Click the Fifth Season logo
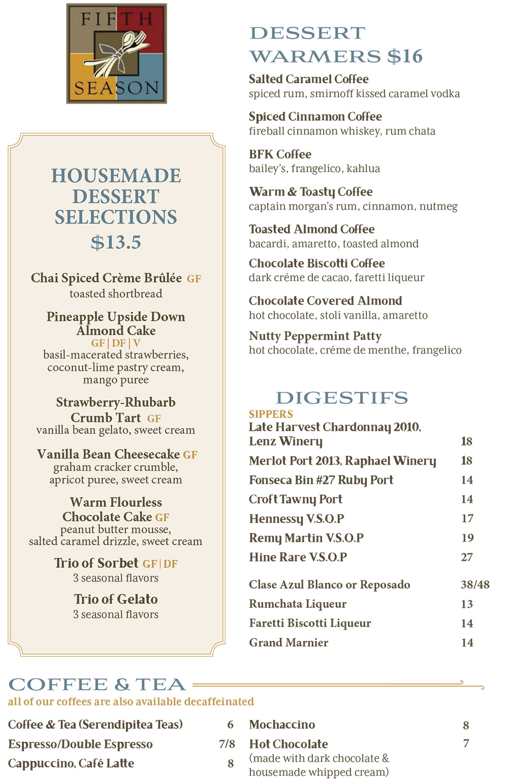(116, 54)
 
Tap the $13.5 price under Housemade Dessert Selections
(116, 242)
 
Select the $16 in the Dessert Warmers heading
(405, 56)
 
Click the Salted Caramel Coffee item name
(308, 79)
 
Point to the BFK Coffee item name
(280, 154)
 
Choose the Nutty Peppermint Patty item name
(315, 336)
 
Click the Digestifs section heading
(341, 398)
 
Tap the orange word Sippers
(271, 414)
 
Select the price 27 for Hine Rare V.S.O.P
(467, 557)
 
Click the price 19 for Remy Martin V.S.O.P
(467, 538)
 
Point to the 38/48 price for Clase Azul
(475, 584)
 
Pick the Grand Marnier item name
(289, 642)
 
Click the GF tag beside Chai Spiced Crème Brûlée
(194, 279)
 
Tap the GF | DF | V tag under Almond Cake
(116, 343)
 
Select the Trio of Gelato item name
(116, 599)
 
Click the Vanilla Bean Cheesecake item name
(109, 454)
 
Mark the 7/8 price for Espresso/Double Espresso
(227, 744)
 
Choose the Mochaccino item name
(282, 725)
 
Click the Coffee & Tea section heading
(97, 685)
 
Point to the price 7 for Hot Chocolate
(466, 743)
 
